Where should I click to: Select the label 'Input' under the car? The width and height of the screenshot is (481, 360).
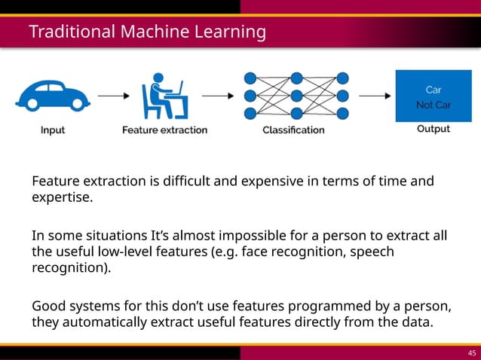point(52,130)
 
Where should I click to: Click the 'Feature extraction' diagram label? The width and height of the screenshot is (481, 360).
point(164,130)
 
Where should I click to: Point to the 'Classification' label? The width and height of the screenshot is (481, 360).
point(293,130)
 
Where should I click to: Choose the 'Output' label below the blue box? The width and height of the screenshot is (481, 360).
point(434,129)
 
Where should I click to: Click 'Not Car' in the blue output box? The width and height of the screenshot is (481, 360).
point(434,105)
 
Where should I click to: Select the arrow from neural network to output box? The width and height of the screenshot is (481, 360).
point(372,96)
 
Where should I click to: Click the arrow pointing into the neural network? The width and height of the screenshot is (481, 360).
point(219,96)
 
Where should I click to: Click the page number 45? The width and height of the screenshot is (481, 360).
point(472,352)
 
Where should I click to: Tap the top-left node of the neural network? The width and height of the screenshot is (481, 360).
point(250,77)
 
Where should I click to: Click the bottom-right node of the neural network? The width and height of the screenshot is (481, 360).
point(342,114)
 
